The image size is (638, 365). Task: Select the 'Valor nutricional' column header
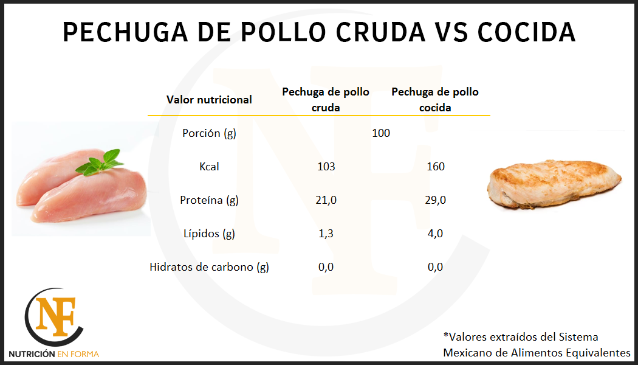(x=209, y=100)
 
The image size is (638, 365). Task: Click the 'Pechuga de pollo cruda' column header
(x=326, y=100)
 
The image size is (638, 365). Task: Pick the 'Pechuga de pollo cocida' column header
(x=435, y=100)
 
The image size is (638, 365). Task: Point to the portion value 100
(x=381, y=133)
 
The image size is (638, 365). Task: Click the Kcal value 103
(x=326, y=167)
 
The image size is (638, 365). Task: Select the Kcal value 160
(x=436, y=167)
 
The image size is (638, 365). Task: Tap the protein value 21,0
(x=326, y=200)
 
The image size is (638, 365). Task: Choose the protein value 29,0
(x=436, y=200)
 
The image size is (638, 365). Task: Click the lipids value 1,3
(x=326, y=234)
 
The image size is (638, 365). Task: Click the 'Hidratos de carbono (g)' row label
(x=209, y=268)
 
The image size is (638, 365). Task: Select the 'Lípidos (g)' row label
(x=209, y=234)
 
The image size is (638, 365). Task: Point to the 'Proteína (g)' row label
(x=209, y=200)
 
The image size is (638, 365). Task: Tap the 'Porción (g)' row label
(x=209, y=134)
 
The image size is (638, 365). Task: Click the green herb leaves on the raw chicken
(x=100, y=163)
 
